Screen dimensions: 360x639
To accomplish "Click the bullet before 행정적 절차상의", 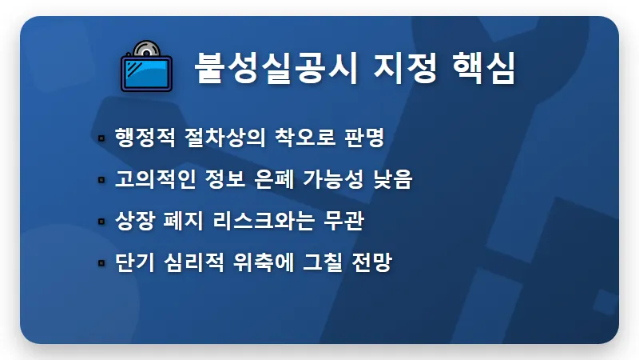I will pos(101,138).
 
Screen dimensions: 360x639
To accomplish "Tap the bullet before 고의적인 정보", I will pos(101,180).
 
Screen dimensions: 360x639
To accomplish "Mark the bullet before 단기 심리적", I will pos(101,263).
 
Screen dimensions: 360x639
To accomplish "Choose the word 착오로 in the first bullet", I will pos(304,138).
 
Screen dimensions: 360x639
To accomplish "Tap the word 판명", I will pos(366,138).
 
